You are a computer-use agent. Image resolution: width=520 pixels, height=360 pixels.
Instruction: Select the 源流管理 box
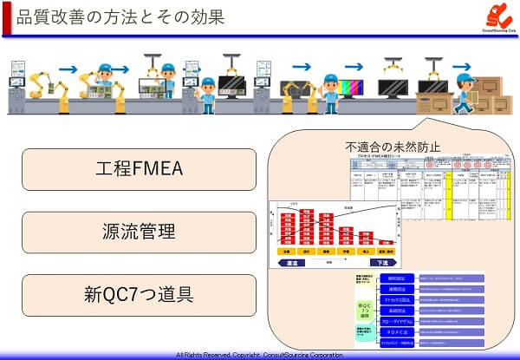tap(139, 232)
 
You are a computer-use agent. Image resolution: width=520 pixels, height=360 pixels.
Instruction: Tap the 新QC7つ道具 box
tap(139, 296)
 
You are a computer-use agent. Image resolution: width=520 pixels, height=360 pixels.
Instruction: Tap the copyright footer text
tap(259, 355)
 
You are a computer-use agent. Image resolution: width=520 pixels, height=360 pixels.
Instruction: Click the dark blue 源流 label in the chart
tap(291, 262)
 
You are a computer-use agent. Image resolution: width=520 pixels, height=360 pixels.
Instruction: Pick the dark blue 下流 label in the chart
tap(382, 262)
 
